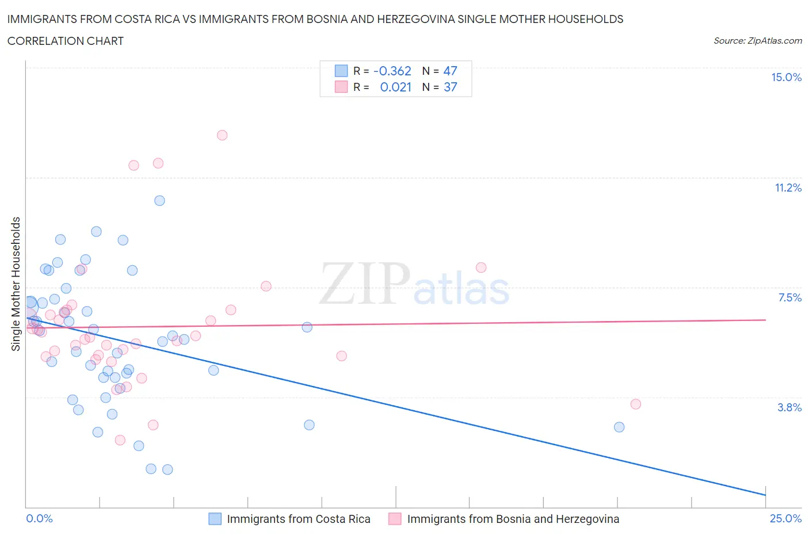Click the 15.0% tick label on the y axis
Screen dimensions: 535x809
tap(786, 77)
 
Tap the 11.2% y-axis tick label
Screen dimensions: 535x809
tap(788, 188)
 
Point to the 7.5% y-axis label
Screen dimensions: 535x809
tap(789, 297)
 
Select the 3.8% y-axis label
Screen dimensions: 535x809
tap(789, 407)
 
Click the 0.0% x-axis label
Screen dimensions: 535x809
tap(39, 518)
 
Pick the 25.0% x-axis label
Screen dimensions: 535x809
tap(785, 518)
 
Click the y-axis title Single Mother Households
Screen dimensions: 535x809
tap(16, 284)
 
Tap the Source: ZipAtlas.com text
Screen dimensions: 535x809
tap(757, 40)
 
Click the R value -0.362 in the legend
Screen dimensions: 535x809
tap(392, 71)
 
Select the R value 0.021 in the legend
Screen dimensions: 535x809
tap(396, 87)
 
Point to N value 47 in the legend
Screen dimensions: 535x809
tap(450, 71)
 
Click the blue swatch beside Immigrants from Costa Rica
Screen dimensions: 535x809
tap(215, 519)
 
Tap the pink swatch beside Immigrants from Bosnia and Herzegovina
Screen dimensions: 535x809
tap(395, 519)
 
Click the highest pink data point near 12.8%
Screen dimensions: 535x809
tap(222, 135)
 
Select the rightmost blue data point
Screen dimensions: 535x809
tap(619, 427)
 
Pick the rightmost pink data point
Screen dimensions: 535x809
tap(636, 404)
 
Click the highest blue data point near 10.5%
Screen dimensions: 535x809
tap(159, 201)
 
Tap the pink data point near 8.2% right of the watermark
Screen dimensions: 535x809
tap(481, 267)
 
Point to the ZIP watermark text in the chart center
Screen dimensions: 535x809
tap(365, 284)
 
